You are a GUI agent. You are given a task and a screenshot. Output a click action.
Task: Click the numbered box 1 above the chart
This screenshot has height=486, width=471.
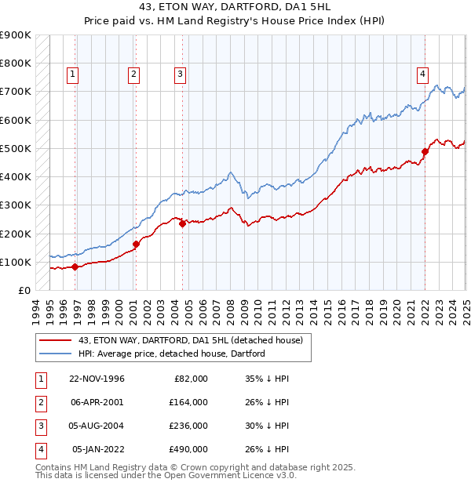click(x=71, y=74)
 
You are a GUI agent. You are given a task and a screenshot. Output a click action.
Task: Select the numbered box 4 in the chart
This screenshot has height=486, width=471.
click(x=422, y=74)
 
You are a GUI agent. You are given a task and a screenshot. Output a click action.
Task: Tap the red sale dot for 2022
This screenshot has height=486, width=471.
click(x=425, y=151)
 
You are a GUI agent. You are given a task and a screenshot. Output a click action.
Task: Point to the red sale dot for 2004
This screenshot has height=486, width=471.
click(x=182, y=223)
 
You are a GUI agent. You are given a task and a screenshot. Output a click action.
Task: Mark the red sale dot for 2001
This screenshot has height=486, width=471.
click(x=136, y=244)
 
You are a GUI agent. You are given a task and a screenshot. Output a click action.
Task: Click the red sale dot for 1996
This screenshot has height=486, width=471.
click(x=75, y=267)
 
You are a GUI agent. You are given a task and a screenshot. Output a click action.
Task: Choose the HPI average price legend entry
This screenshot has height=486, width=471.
click(x=171, y=354)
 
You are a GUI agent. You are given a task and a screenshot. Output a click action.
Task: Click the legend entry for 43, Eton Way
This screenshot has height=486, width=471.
click(x=195, y=339)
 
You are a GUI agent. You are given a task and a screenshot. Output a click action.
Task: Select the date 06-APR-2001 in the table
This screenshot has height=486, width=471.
click(x=97, y=402)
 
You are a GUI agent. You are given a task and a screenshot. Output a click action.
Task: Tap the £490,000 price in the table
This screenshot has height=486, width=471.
click(x=189, y=449)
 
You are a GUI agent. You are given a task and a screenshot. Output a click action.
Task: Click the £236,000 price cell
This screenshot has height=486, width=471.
click(x=189, y=426)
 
